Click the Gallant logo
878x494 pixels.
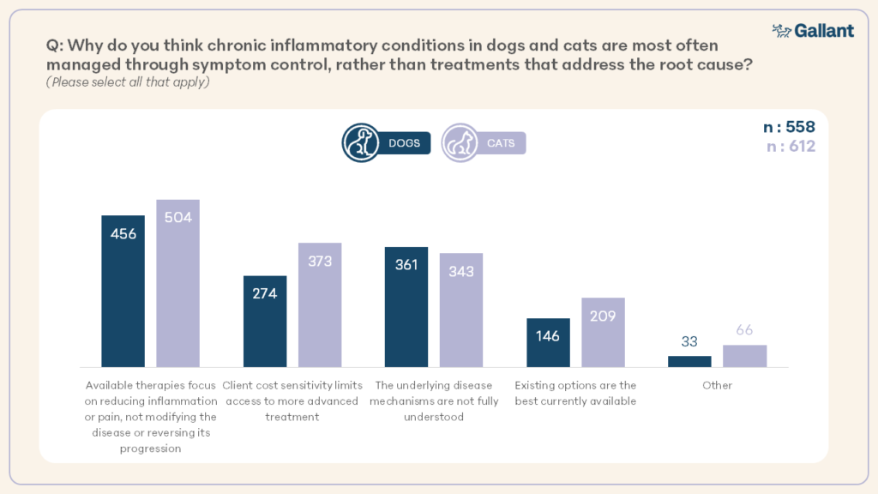[x=813, y=31]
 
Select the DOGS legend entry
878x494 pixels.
[x=386, y=143]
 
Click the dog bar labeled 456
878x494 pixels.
[x=123, y=292]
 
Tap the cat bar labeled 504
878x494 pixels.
[x=177, y=283]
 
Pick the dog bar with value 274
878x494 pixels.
[x=265, y=322]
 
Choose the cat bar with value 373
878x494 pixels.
[x=320, y=305]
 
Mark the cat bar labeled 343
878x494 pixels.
[x=461, y=310]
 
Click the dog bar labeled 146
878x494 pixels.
[x=548, y=343]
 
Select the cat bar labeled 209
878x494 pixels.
[x=603, y=333]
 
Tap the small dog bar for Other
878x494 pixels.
[x=689, y=362]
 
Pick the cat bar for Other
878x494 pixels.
[x=744, y=356]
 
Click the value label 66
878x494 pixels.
[x=744, y=331]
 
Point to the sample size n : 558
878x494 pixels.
[x=789, y=128]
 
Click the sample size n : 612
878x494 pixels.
[x=789, y=147]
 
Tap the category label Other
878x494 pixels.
[x=717, y=386]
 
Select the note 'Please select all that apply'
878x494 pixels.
[x=128, y=83]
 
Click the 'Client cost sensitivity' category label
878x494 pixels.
[x=292, y=401]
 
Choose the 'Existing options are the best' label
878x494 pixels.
[x=575, y=393]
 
